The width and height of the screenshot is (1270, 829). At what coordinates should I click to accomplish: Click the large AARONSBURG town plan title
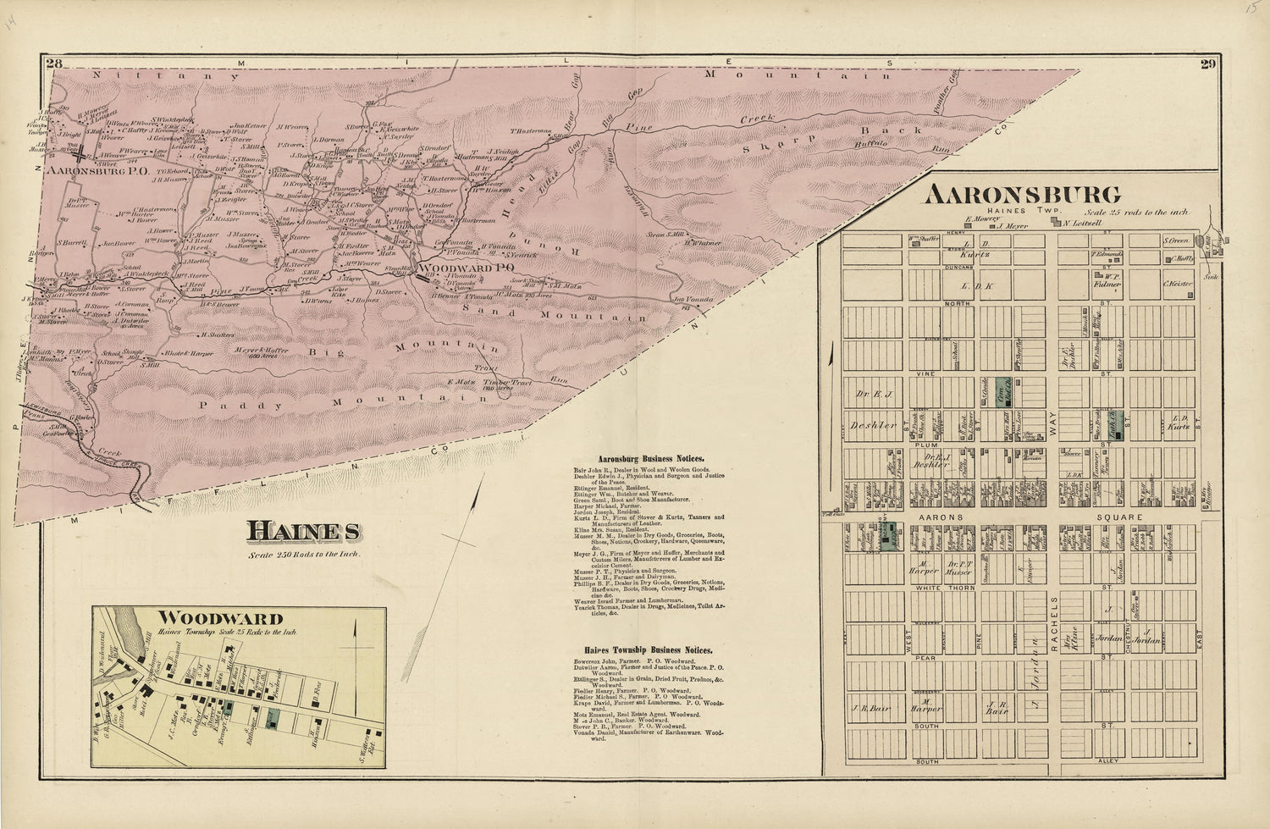1022,195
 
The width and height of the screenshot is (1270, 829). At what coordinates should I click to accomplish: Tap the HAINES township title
303,532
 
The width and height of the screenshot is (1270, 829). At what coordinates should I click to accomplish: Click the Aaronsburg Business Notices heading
651,458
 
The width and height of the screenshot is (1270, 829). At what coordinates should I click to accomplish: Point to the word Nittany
129,75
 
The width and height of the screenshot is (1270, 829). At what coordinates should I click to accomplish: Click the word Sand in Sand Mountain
483,311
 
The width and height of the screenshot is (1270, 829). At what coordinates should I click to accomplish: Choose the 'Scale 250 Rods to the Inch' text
304,555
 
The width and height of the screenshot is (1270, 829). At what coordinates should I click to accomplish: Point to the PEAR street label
929,657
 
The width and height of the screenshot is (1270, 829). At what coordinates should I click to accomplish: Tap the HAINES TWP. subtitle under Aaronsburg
1006,211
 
